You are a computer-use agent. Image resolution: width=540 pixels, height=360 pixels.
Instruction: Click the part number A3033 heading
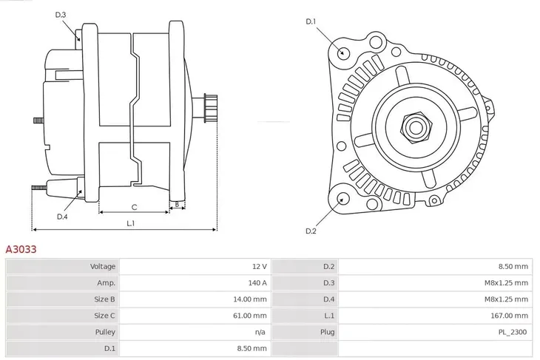click(21, 250)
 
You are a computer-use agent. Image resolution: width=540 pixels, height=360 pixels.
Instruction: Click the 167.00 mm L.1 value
click(510, 315)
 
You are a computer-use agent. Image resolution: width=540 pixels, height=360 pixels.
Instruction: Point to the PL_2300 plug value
click(512, 332)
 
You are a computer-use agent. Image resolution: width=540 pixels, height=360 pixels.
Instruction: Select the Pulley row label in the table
click(104, 332)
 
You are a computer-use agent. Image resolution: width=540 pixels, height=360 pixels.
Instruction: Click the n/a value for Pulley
click(260, 332)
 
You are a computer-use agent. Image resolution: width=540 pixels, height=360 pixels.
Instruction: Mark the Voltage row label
click(103, 266)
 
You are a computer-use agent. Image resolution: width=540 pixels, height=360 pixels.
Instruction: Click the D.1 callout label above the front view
click(311, 21)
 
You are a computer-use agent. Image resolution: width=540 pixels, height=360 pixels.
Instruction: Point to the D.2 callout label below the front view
click(311, 231)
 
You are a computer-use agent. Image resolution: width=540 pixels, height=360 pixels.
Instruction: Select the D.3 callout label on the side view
click(61, 15)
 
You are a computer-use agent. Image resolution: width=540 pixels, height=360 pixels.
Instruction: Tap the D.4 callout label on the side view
click(62, 217)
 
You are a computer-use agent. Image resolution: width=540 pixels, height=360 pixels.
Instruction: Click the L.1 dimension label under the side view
click(130, 223)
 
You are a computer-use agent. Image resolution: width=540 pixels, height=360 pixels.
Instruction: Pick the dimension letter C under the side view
click(134, 207)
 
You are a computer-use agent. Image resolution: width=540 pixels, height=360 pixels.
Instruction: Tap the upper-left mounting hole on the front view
click(342, 52)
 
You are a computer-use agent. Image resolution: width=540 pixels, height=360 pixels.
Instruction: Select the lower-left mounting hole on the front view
click(342, 198)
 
